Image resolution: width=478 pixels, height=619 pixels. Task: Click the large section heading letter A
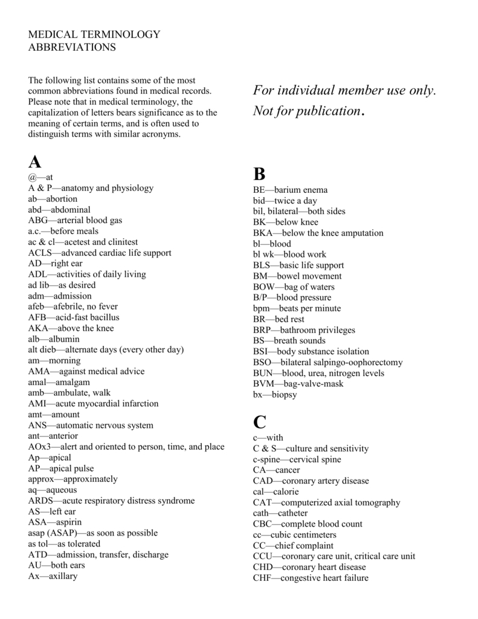35,162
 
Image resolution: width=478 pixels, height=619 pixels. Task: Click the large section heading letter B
259,174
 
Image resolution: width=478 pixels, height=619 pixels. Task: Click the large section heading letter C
260,421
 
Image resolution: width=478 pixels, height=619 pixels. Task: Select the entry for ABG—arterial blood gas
75,220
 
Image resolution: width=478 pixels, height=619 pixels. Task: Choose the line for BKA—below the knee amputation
318,233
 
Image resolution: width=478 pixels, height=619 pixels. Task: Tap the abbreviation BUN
263,373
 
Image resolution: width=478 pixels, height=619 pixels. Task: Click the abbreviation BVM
264,384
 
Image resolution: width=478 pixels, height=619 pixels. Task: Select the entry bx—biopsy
275,395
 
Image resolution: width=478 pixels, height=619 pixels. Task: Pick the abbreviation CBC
263,524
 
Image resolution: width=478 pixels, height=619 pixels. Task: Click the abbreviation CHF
263,578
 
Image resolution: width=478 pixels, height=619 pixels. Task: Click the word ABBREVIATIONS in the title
72,47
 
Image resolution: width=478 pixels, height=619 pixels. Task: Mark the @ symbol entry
33,177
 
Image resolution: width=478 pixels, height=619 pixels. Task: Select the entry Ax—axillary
53,576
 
